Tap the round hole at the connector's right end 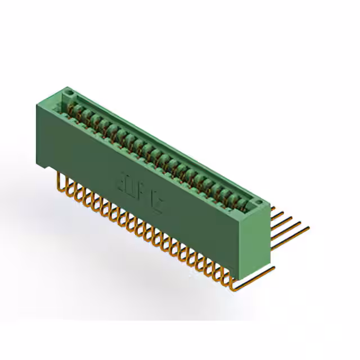pyautogui.click(x=256, y=201)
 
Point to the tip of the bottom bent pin pyautogui.click(x=274, y=268)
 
